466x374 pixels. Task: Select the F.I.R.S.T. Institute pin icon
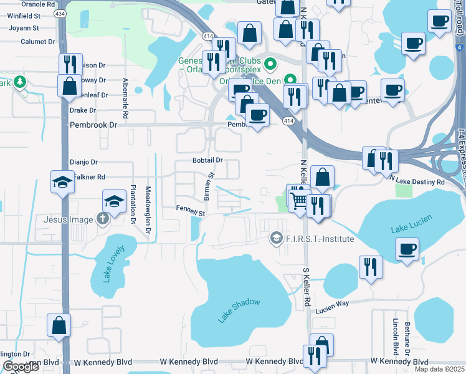(x=276, y=239)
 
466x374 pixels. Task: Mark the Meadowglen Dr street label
(x=148, y=206)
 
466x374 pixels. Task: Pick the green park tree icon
(x=20, y=82)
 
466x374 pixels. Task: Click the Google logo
(x=21, y=367)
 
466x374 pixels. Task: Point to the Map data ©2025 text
(x=439, y=369)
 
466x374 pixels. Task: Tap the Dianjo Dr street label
(x=83, y=161)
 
